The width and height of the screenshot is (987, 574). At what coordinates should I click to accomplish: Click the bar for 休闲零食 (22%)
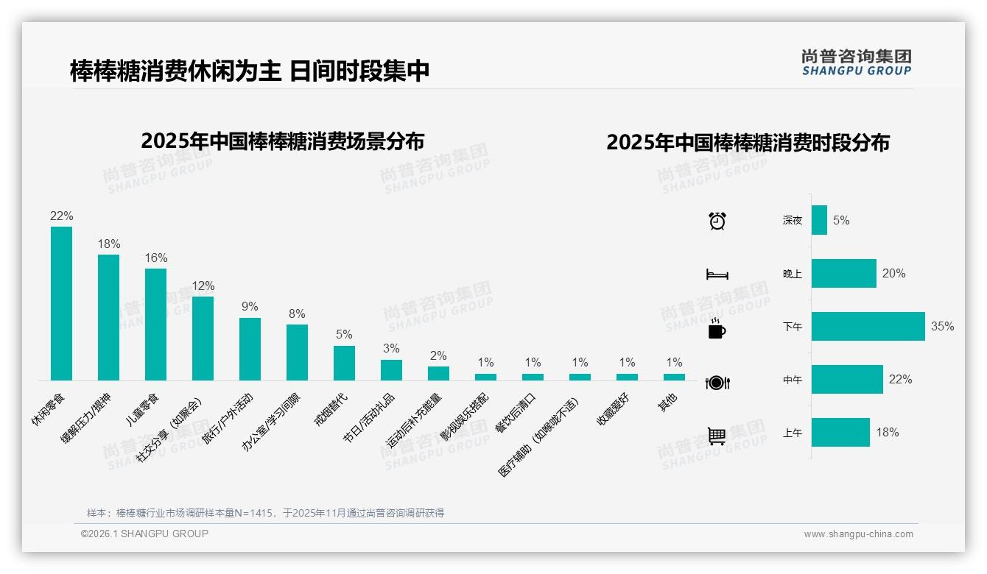(x=61, y=303)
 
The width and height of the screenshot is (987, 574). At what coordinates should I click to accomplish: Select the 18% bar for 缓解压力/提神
(x=108, y=317)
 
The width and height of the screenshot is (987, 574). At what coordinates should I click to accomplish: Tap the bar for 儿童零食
(x=155, y=324)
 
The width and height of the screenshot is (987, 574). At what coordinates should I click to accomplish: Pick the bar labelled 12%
(x=203, y=338)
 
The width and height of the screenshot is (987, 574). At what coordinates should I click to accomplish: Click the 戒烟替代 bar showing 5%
(x=344, y=363)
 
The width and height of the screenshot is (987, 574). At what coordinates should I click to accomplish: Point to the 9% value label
(x=250, y=306)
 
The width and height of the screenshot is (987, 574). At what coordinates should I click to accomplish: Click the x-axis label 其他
(x=668, y=403)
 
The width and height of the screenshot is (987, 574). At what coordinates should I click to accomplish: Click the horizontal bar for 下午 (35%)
(x=868, y=326)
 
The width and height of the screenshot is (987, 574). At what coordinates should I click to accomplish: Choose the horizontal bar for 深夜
(x=819, y=220)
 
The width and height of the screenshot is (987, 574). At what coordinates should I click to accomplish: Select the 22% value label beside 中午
(x=900, y=379)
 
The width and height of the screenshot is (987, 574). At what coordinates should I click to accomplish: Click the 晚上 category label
(x=793, y=273)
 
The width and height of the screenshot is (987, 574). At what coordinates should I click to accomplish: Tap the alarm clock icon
(x=717, y=220)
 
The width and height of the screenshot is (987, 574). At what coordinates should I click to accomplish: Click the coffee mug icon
(x=717, y=328)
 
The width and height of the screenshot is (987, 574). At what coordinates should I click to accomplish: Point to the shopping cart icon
(x=717, y=436)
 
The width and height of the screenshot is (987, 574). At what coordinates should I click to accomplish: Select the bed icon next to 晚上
(x=717, y=274)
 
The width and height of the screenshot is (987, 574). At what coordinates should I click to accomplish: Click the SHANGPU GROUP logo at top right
(x=856, y=62)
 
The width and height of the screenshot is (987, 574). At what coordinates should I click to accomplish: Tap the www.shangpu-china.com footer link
(x=858, y=534)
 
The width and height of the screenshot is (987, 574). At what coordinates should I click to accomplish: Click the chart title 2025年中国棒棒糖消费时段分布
(x=748, y=142)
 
